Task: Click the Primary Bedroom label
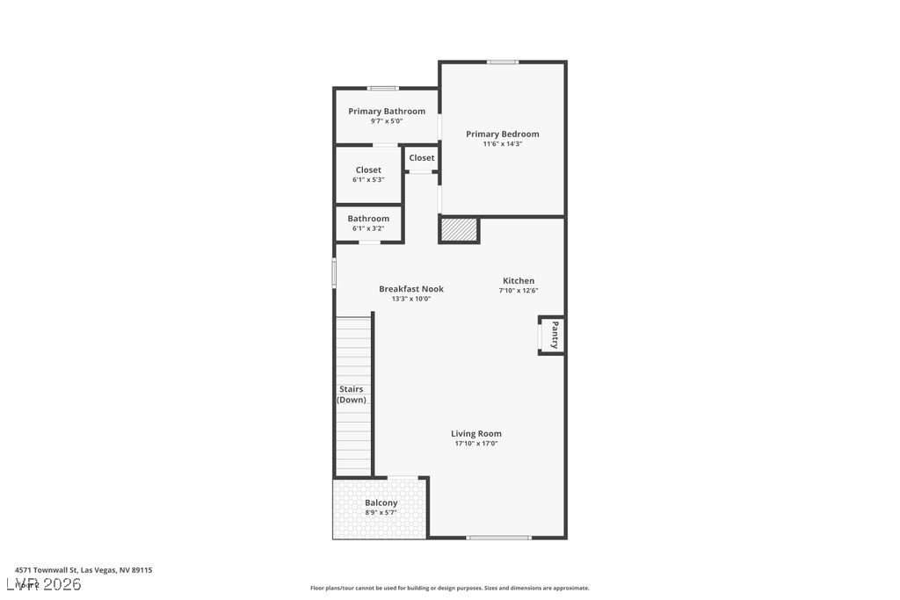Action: (x=502, y=134)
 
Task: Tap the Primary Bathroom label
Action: (x=387, y=112)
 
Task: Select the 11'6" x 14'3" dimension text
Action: (x=502, y=144)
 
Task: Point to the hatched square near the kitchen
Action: (x=459, y=230)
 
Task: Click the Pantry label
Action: (x=555, y=335)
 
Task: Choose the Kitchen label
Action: (x=519, y=281)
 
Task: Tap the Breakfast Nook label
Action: (x=411, y=289)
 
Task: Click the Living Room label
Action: (x=476, y=434)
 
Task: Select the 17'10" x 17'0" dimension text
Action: (x=476, y=444)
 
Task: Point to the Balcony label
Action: (x=381, y=503)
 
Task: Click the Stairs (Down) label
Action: (x=352, y=394)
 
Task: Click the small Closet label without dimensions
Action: (x=422, y=158)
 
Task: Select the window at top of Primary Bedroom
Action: (x=503, y=61)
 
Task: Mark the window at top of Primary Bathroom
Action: (x=383, y=88)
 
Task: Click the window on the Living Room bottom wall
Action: (x=498, y=537)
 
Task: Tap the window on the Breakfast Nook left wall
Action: (x=334, y=271)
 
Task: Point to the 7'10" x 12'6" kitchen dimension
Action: (x=519, y=291)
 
